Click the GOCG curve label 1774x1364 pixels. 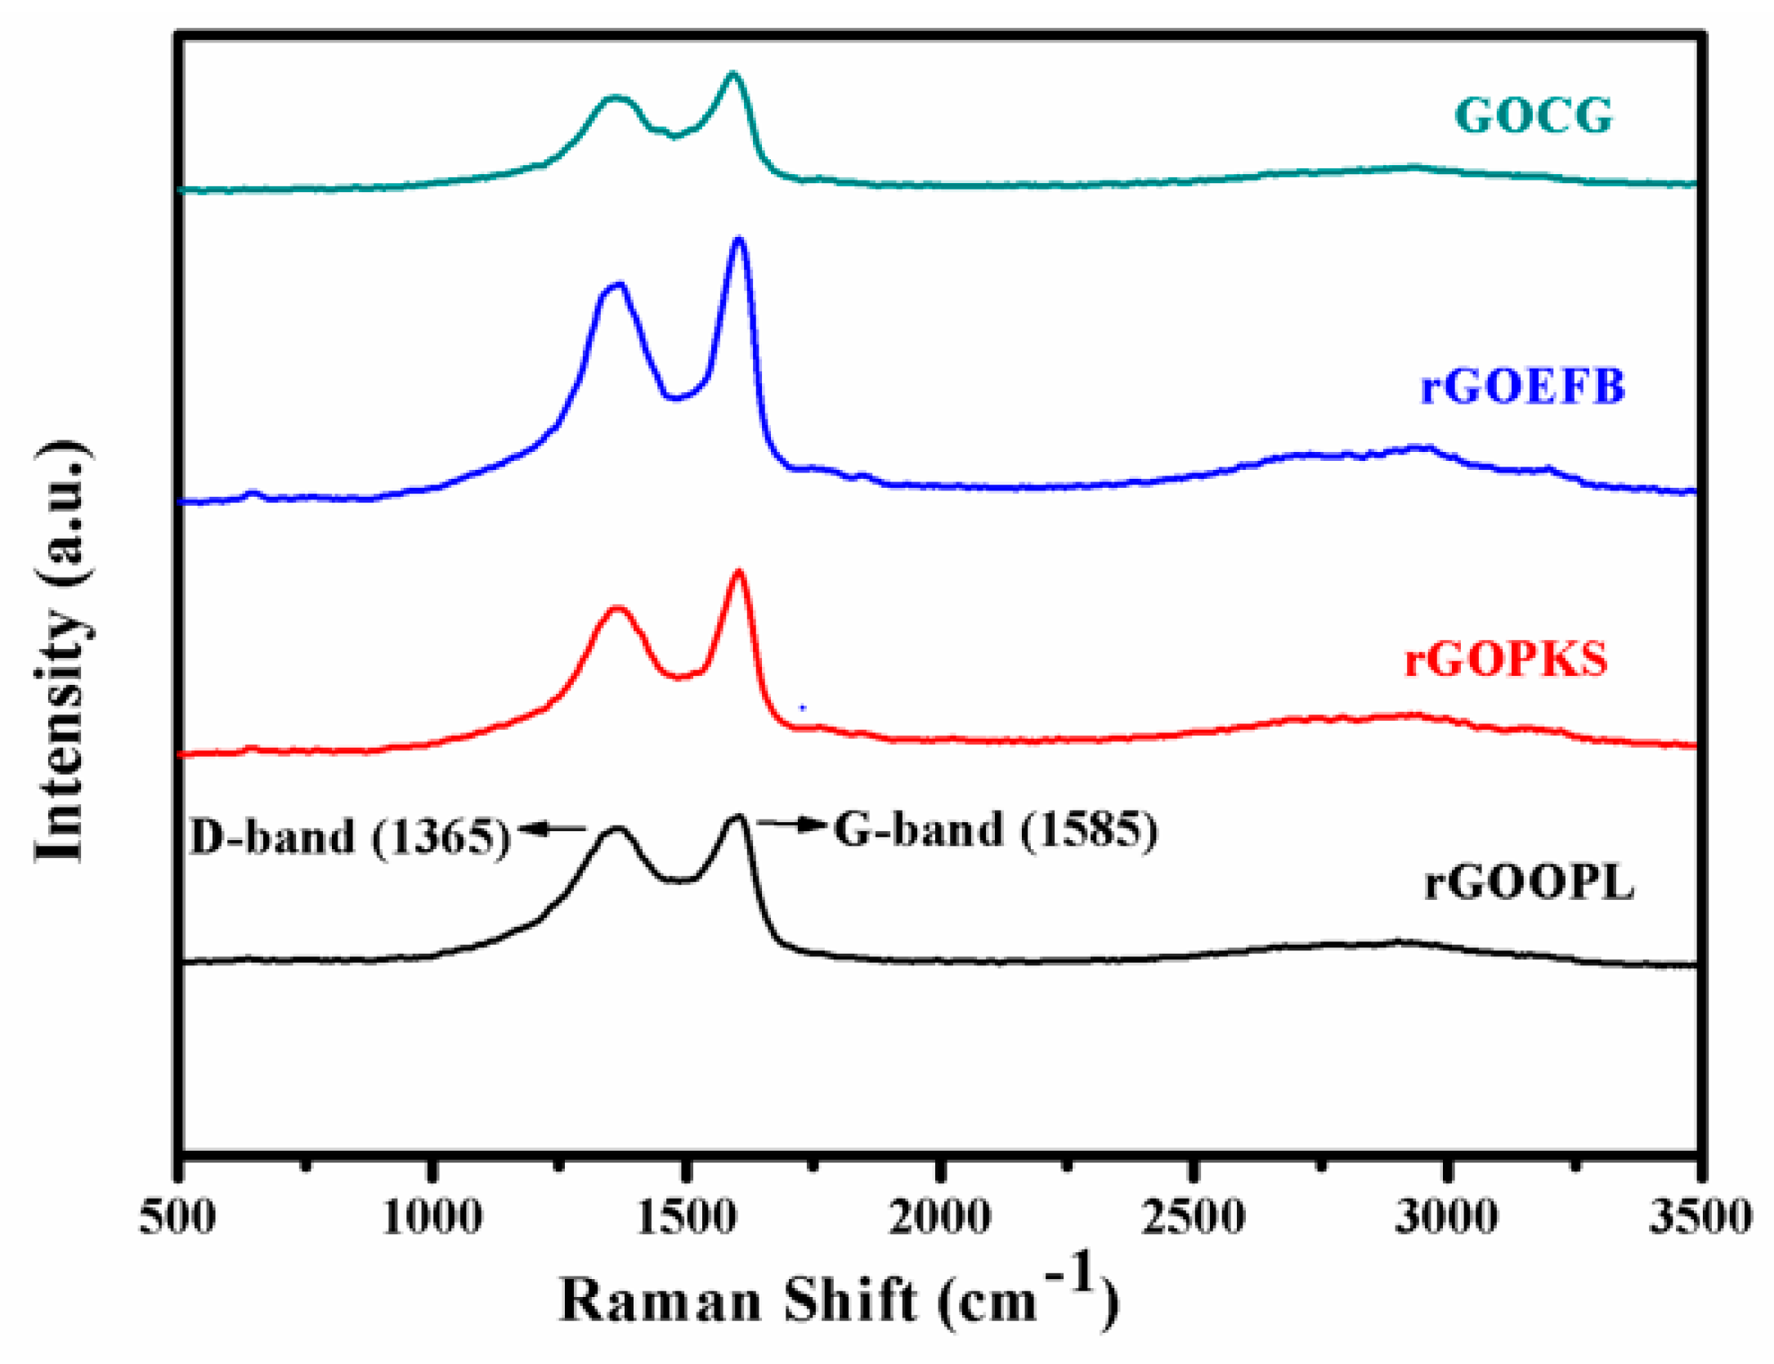click(1533, 115)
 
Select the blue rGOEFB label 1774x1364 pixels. click(1522, 387)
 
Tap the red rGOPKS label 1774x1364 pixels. click(1505, 660)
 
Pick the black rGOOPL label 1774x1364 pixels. click(1529, 883)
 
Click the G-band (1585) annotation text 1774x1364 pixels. click(995, 830)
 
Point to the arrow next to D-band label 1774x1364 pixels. click(551, 830)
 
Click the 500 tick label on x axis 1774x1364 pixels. click(177, 1217)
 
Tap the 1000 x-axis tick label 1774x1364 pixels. click(432, 1217)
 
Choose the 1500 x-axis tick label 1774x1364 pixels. click(687, 1217)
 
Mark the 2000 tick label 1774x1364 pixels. click(940, 1217)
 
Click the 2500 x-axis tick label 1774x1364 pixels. click(1194, 1217)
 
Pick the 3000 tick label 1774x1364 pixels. click(1447, 1217)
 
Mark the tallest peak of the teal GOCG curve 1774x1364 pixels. click(732, 74)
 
